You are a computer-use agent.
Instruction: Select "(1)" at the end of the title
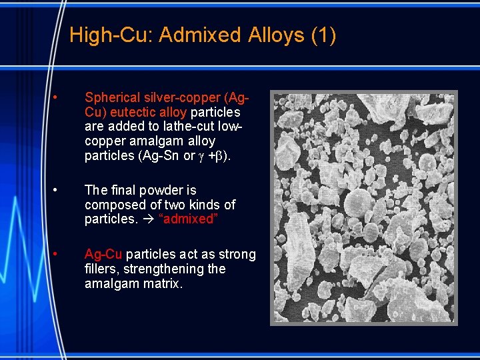pyautogui.click(x=323, y=35)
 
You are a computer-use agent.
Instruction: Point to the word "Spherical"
pyautogui.click(x=113, y=98)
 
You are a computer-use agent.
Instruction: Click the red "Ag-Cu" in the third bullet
pyautogui.click(x=103, y=254)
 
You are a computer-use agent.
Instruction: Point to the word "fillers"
pyautogui.click(x=101, y=269)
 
